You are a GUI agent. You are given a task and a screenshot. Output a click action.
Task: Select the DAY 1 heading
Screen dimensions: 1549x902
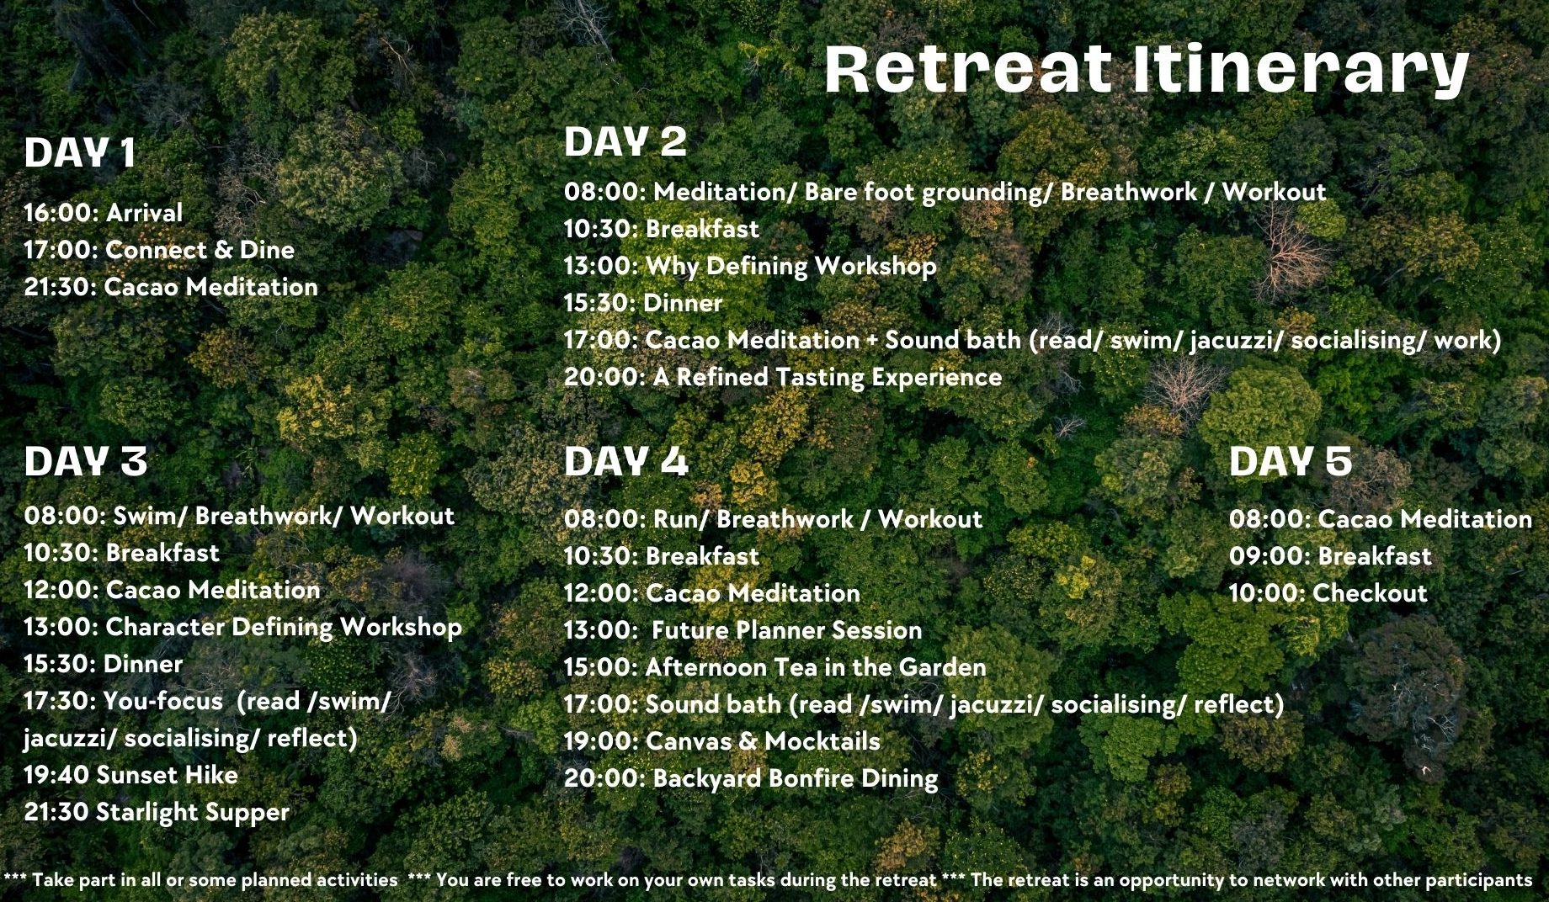[x=80, y=153]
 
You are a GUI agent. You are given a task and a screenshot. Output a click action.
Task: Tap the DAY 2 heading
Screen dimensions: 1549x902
[x=625, y=141]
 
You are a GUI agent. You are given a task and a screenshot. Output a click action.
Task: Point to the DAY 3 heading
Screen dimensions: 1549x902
[x=86, y=461]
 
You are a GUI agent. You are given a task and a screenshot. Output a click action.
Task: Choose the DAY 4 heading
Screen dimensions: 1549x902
[x=626, y=461]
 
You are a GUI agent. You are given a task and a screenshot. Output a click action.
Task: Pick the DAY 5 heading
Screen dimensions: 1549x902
[x=1291, y=461]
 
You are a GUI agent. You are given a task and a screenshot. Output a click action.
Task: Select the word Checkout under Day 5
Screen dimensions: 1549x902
[x=1370, y=593]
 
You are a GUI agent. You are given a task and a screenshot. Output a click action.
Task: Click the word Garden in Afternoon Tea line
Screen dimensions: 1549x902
[x=943, y=667]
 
